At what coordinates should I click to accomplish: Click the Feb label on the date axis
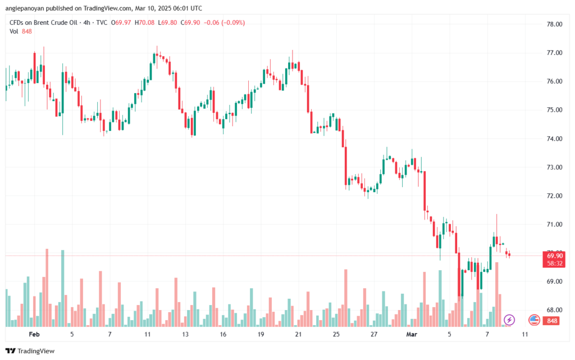(x=34, y=334)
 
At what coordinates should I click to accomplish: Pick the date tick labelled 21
(x=298, y=334)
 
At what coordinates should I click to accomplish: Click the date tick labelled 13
(x=185, y=334)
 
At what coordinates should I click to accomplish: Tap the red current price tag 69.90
(x=555, y=256)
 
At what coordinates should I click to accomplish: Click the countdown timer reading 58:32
(x=555, y=263)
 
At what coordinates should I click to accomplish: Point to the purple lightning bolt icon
(x=509, y=320)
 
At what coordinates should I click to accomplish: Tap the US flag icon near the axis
(x=534, y=320)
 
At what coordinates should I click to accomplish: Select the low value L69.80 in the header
(x=170, y=22)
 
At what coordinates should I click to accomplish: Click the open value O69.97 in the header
(x=121, y=22)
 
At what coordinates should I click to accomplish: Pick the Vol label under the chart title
(x=14, y=31)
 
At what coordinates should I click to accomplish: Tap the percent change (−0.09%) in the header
(x=232, y=22)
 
